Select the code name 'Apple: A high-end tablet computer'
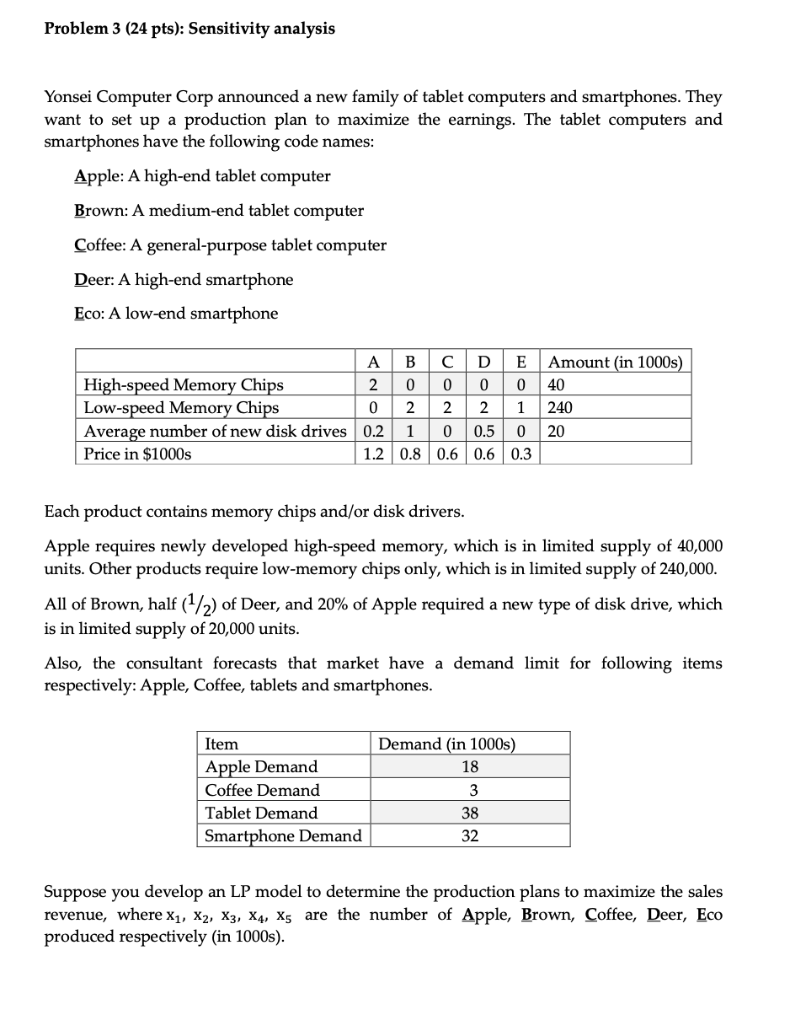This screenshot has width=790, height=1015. pyautogui.click(x=202, y=176)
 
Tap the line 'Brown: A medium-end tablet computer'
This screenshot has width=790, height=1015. pyautogui.click(x=219, y=211)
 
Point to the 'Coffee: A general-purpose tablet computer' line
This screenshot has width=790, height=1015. pyautogui.click(x=230, y=245)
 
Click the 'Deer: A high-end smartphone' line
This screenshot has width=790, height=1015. pyautogui.click(x=184, y=279)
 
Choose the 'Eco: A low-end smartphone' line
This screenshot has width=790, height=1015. pyautogui.click(x=175, y=314)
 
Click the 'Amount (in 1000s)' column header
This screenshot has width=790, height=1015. pyautogui.click(x=616, y=362)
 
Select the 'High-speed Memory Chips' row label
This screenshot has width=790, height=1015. pyautogui.click(x=183, y=385)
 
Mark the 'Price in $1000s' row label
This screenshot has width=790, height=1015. pyautogui.click(x=137, y=454)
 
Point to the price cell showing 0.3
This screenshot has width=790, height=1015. pyautogui.click(x=521, y=454)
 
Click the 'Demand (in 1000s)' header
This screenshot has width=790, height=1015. pyautogui.click(x=446, y=744)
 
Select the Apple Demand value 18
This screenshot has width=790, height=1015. pyautogui.click(x=471, y=767)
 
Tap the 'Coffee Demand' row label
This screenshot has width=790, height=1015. pyautogui.click(x=263, y=790)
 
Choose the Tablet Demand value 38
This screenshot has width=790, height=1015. pyautogui.click(x=471, y=814)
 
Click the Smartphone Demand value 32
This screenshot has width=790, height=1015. pyautogui.click(x=471, y=836)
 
